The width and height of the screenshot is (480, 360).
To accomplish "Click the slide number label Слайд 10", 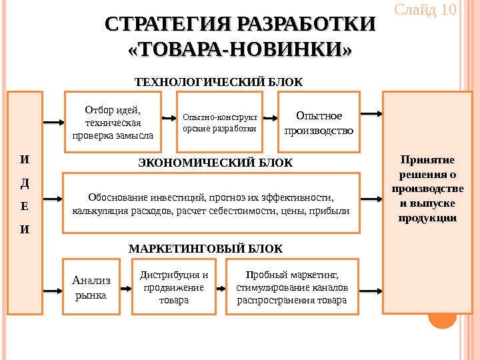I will (x=424, y=11).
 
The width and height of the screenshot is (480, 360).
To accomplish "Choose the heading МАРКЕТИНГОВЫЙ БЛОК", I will (x=205, y=249).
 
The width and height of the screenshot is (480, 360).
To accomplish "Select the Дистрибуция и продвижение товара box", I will (x=173, y=286).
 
